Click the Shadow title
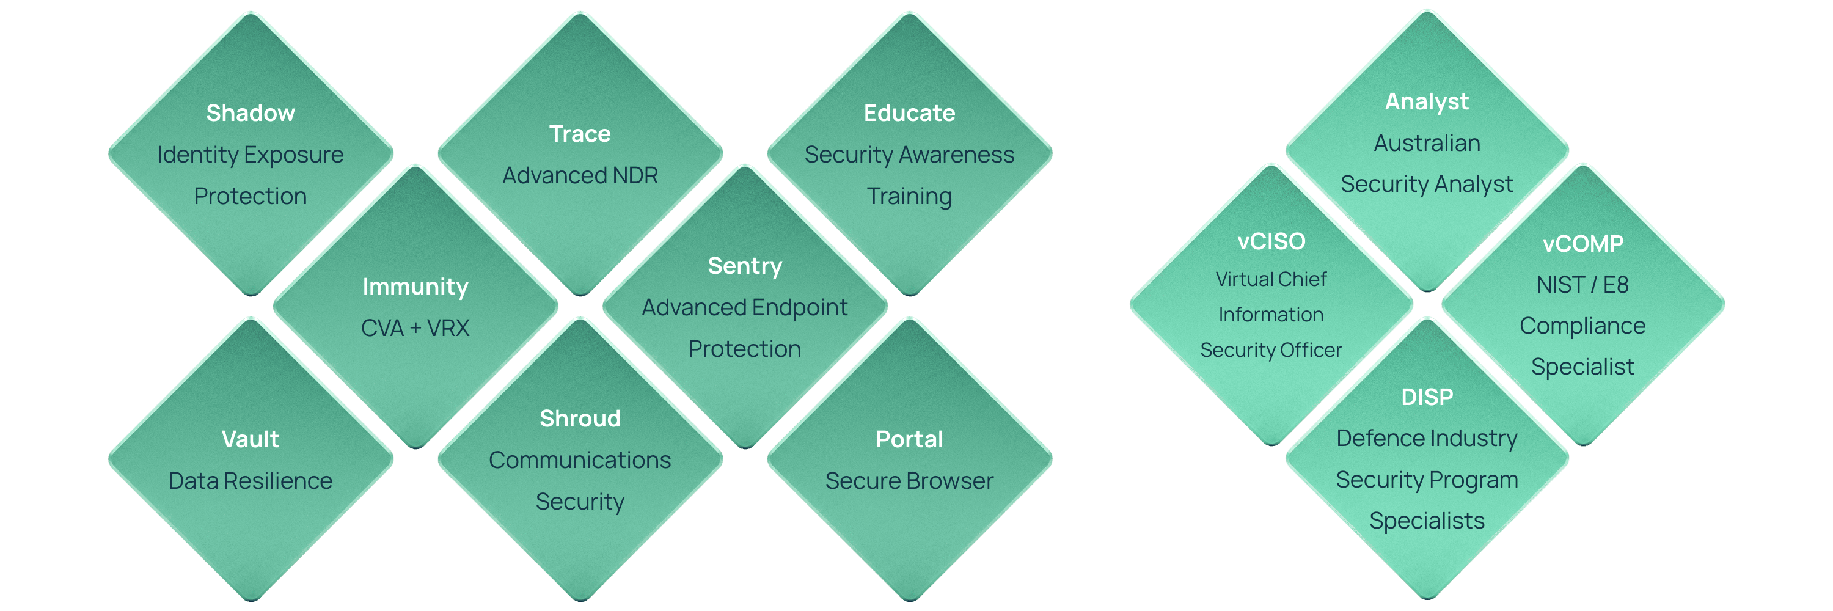pyautogui.click(x=251, y=113)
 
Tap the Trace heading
pyautogui.click(x=580, y=134)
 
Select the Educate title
pyautogui.click(x=909, y=113)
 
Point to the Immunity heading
pyautogui.click(x=415, y=287)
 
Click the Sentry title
pyautogui.click(x=745, y=266)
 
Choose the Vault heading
pyautogui.click(x=251, y=439)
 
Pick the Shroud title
pyautogui.click(x=580, y=419)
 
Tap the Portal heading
pyautogui.click(x=909, y=439)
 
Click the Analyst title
pyautogui.click(x=1427, y=101)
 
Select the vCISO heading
pyautogui.click(x=1271, y=242)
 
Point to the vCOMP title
pyautogui.click(x=1582, y=244)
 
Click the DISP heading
pyautogui.click(x=1427, y=397)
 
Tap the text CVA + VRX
pyautogui.click(x=415, y=328)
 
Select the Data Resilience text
pyautogui.click(x=251, y=481)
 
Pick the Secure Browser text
pyautogui.click(x=909, y=481)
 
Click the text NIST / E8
pyautogui.click(x=1582, y=285)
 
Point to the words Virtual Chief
pyautogui.click(x=1271, y=279)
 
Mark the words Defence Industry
pyautogui.click(x=1427, y=438)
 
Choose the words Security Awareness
pyautogui.click(x=909, y=155)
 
